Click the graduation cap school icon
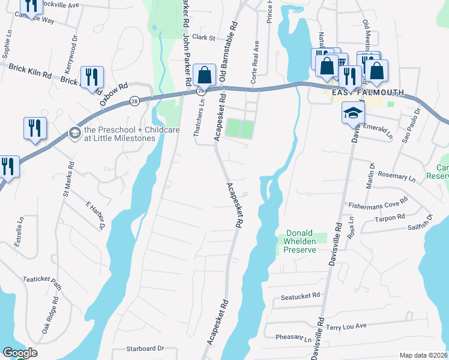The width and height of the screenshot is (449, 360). coord(353,112)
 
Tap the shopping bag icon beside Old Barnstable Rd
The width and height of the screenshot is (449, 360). coord(205,76)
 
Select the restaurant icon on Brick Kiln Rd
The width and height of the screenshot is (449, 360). coord(92,77)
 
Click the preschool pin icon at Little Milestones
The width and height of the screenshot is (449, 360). coord(75,132)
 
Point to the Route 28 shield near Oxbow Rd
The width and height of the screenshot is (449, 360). coord(134,101)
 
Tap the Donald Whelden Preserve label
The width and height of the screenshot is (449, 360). coord(300,241)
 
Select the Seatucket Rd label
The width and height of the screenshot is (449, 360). coord(300,296)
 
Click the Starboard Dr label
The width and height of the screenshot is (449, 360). coord(145,348)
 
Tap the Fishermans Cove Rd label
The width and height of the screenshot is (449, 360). coord(378,205)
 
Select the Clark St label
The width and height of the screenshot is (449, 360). coord(203,37)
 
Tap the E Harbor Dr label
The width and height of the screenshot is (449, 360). coord(95,215)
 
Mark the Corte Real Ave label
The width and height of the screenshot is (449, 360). coord(256,55)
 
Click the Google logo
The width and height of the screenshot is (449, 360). coord(20,353)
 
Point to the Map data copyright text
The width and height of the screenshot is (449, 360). coord(423,355)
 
